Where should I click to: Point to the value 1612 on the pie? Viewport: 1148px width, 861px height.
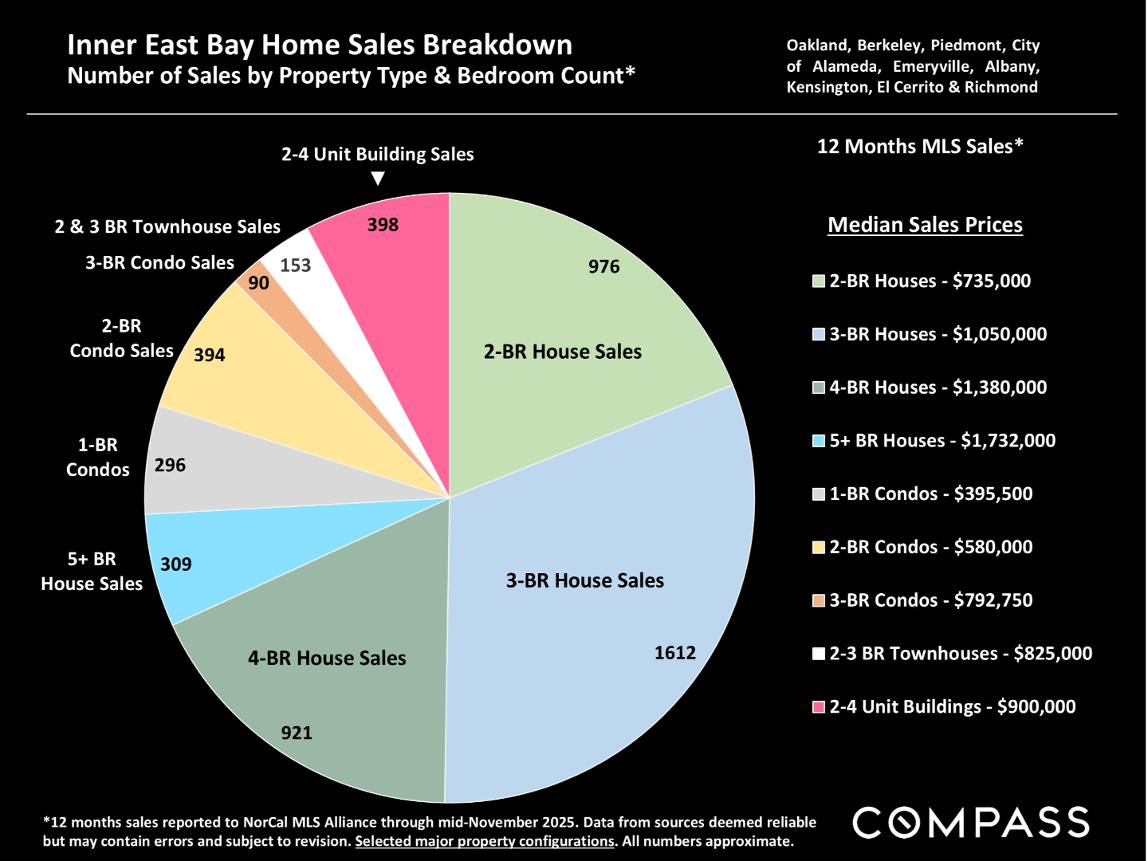pyautogui.click(x=675, y=653)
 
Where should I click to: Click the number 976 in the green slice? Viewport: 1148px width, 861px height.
pyautogui.click(x=603, y=267)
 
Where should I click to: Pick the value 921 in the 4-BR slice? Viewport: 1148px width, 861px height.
pyautogui.click(x=297, y=733)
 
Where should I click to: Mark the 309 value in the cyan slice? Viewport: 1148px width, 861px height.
pyautogui.click(x=176, y=564)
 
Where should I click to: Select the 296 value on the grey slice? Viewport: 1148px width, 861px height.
pyautogui.click(x=170, y=465)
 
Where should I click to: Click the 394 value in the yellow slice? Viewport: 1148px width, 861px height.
pyautogui.click(x=210, y=355)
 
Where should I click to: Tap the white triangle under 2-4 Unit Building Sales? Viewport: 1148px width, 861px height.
pyautogui.click(x=378, y=179)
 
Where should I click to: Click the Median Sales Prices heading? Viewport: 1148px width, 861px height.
pyautogui.click(x=925, y=225)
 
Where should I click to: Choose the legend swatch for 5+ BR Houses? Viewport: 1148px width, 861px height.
pyautogui.click(x=819, y=441)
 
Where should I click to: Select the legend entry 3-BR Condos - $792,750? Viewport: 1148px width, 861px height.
pyautogui.click(x=930, y=600)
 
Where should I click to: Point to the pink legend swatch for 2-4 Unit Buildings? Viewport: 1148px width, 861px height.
pyautogui.click(x=819, y=707)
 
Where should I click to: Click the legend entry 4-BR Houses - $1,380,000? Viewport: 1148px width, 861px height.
pyautogui.click(x=938, y=387)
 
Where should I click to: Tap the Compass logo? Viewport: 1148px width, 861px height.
pyautogui.click(x=971, y=823)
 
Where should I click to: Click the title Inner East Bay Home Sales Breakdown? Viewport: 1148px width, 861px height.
pyautogui.click(x=320, y=45)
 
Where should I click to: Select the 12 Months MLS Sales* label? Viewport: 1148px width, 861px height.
pyautogui.click(x=920, y=147)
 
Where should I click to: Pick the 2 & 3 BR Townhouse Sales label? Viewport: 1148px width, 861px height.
pyautogui.click(x=167, y=227)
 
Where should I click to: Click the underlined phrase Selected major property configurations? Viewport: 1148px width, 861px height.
pyautogui.click(x=485, y=841)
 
